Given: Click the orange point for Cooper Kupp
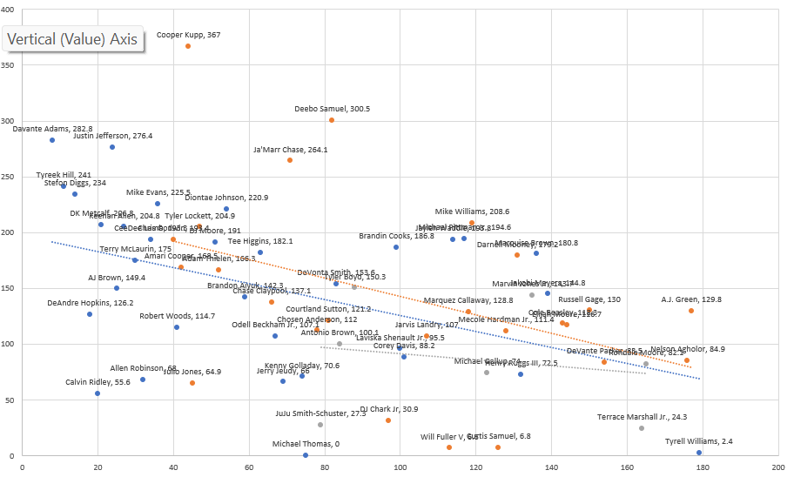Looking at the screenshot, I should coord(188,46).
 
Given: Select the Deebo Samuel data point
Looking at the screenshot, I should coord(332,120).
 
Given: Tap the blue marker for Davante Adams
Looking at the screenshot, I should coord(52,140).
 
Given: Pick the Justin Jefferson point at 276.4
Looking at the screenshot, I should coord(112,147).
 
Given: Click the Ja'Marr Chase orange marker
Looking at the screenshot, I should coord(290,160).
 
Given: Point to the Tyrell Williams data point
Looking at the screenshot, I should coord(699,453).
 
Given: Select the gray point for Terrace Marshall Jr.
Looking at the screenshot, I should coord(642,428).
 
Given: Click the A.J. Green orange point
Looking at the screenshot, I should coord(691,311).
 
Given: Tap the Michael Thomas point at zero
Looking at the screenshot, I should coord(306,455).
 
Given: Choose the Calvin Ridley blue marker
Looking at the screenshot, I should coord(98,393).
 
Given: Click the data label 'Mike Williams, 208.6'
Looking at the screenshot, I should coord(472,212).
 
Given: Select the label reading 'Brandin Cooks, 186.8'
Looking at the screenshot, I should coord(396,236).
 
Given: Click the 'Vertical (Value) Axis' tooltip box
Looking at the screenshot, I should coord(72,39).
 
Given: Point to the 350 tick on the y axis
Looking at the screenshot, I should coord(9,65).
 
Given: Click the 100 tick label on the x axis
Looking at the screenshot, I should coord(400,467).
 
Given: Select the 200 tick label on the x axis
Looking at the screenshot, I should coord(777,467).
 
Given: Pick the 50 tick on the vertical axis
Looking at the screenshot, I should coord(11,400).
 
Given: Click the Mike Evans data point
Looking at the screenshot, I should coord(158,204).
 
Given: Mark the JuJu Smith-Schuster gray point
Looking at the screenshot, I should coord(320,425).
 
